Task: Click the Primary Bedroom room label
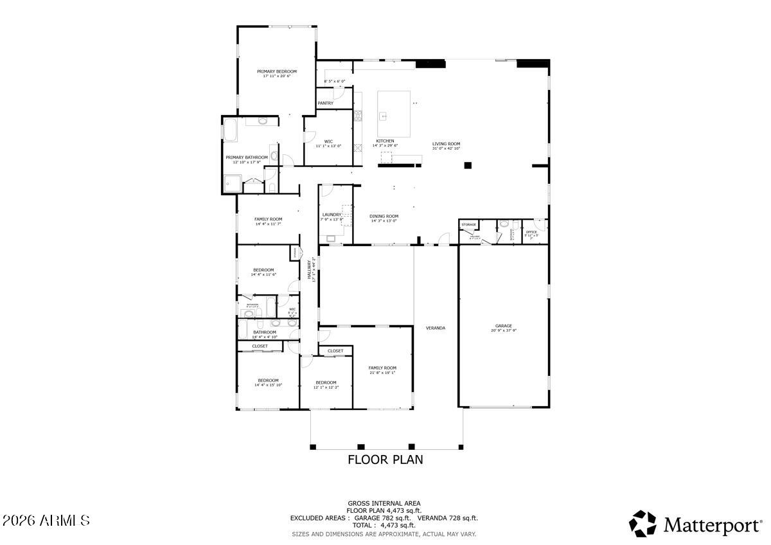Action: coord(277,71)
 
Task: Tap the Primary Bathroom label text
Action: coord(247,157)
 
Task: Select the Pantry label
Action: coord(326,103)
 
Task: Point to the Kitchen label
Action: coord(385,141)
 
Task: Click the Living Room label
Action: coord(446,144)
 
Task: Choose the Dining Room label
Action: coord(384,217)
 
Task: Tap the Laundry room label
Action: coord(332,215)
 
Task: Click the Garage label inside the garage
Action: coord(504,326)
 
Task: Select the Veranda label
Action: coord(436,328)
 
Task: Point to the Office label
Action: coord(531,232)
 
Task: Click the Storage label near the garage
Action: coord(469,224)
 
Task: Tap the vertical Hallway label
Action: coord(309,268)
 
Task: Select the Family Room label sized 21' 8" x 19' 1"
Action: coord(382,368)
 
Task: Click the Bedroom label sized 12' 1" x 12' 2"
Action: coord(326,382)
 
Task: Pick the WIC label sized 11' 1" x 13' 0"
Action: coord(328,141)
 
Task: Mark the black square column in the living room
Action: coord(468,165)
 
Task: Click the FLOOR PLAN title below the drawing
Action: coord(385,460)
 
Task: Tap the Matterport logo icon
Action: coord(642,524)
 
